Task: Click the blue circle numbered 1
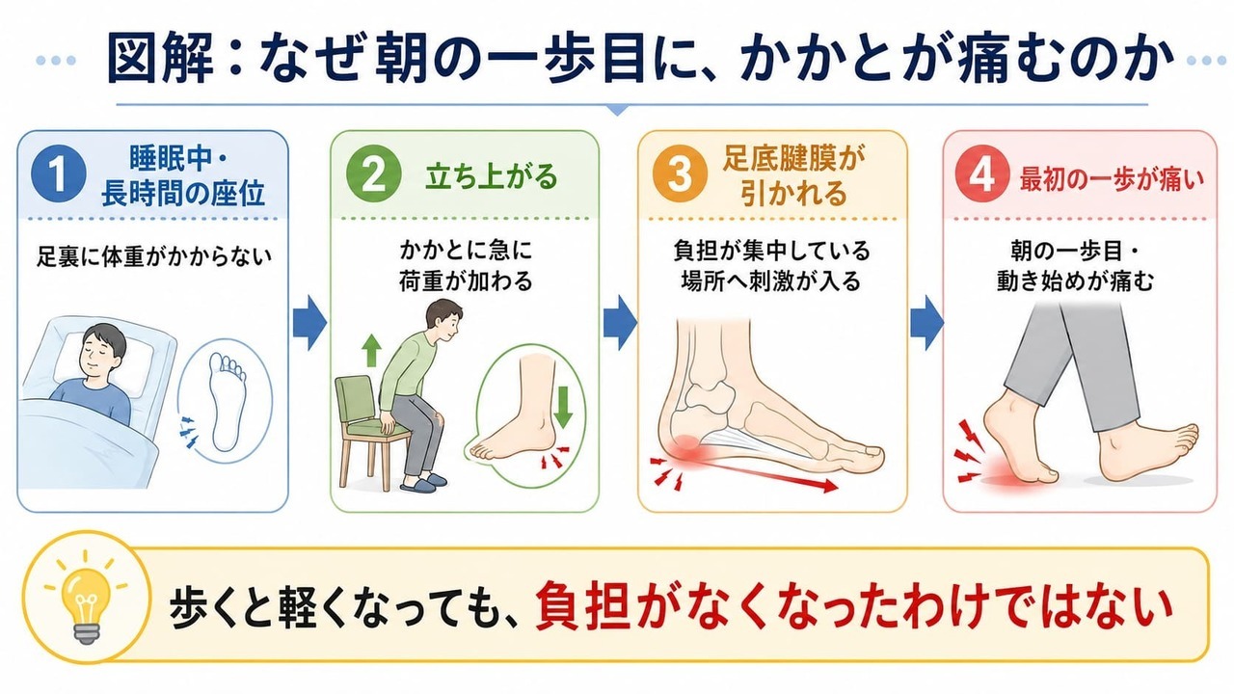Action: tap(59, 174)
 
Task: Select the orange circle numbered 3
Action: tap(680, 174)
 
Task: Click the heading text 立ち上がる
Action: tap(492, 176)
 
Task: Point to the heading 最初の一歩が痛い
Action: tap(1112, 178)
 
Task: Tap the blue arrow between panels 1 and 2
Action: tap(309, 323)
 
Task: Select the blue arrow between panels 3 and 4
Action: tap(926, 323)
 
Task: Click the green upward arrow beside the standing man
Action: tap(371, 350)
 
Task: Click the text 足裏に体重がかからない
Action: tap(153, 256)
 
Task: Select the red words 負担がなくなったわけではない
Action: tap(853, 607)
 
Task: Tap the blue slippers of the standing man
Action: tap(422, 483)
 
